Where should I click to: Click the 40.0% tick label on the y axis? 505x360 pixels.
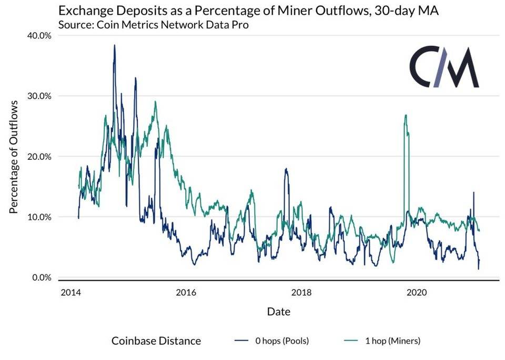pos(37,35)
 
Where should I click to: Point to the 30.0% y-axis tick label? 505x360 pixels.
pos(37,96)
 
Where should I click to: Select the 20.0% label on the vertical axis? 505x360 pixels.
pos(37,157)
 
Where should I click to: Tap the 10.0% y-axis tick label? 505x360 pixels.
pos(37,217)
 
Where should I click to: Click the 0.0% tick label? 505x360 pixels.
pos(39,277)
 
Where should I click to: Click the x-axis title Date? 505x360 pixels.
pos(278,311)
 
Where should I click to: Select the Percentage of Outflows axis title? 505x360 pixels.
pos(14,156)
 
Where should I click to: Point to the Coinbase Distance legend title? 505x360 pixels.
pos(156,341)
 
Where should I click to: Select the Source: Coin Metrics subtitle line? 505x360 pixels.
pos(153,24)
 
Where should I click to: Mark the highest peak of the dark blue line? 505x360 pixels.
pos(114,45)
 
